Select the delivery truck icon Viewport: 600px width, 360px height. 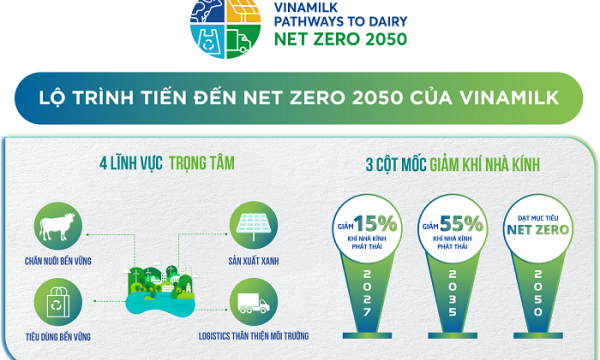pos(249,296)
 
